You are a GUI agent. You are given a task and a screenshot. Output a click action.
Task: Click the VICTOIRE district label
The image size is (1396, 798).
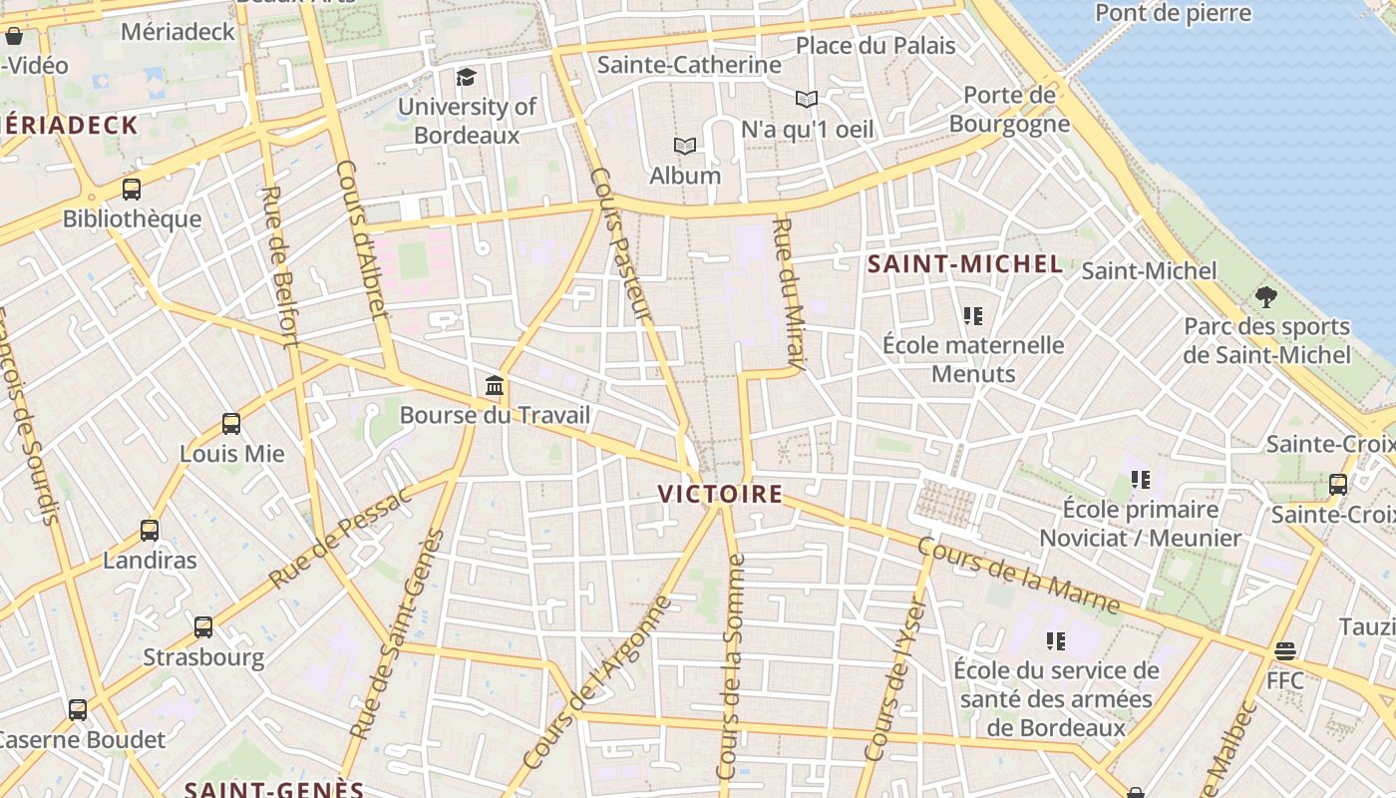720,494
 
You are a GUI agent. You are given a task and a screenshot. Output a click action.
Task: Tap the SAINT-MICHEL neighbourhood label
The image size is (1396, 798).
964,264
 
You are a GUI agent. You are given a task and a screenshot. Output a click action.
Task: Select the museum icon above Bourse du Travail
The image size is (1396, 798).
495,385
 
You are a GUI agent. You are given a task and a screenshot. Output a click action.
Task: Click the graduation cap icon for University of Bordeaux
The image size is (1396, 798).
466,77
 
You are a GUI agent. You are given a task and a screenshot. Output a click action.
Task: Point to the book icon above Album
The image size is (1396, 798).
685,147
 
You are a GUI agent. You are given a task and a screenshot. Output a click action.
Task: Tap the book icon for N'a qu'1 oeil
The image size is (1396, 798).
807,99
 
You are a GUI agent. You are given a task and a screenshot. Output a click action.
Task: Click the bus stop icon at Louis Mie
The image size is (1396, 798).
231,424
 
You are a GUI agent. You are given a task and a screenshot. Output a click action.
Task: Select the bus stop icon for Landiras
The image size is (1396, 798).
150,531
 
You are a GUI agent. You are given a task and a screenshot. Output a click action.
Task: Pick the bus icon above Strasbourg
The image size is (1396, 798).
203,627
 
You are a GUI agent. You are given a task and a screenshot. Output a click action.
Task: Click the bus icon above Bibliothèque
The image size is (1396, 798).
132,190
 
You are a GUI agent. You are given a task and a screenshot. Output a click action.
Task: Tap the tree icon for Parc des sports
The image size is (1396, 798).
1266,296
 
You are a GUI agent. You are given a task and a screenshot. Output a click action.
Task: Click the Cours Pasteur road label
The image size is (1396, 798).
621,244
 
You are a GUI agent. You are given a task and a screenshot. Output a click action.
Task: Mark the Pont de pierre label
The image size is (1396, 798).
1173,13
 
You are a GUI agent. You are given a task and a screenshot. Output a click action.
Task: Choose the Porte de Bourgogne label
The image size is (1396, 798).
1009,110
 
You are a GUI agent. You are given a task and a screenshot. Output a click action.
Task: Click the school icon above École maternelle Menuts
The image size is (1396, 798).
973,316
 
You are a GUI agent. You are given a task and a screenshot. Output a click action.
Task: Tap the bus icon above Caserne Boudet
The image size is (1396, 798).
78,710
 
